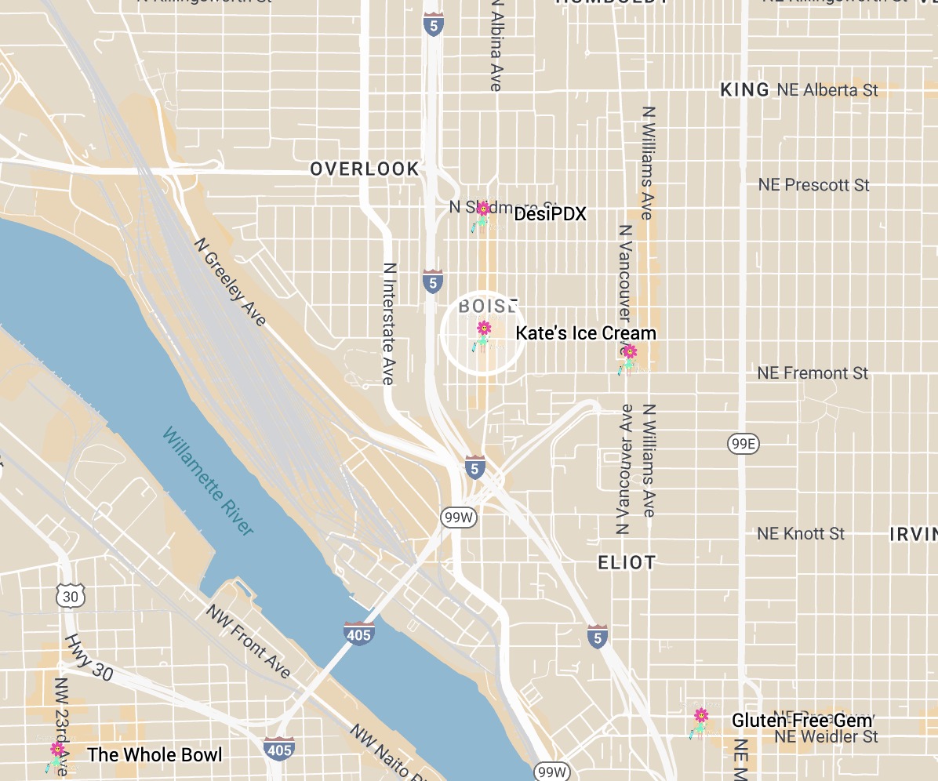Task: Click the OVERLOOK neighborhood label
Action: pyautogui.click(x=365, y=169)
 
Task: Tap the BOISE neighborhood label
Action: pyautogui.click(x=488, y=305)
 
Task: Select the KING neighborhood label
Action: pyautogui.click(x=744, y=90)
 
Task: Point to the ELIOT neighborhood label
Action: pyautogui.click(x=626, y=562)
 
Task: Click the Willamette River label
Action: pyautogui.click(x=208, y=481)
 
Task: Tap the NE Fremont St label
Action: pyautogui.click(x=813, y=373)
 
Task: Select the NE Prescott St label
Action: pyautogui.click(x=813, y=185)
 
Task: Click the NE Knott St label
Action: pyautogui.click(x=801, y=534)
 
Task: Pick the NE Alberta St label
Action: pyautogui.click(x=827, y=90)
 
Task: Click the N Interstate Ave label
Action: pyautogui.click(x=388, y=322)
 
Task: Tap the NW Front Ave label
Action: pyautogui.click(x=248, y=640)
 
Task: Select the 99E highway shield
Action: pyautogui.click(x=743, y=445)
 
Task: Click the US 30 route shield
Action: pyautogui.click(x=71, y=597)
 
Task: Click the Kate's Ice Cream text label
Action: pyautogui.click(x=585, y=333)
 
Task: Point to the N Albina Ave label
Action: pyautogui.click(x=495, y=45)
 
